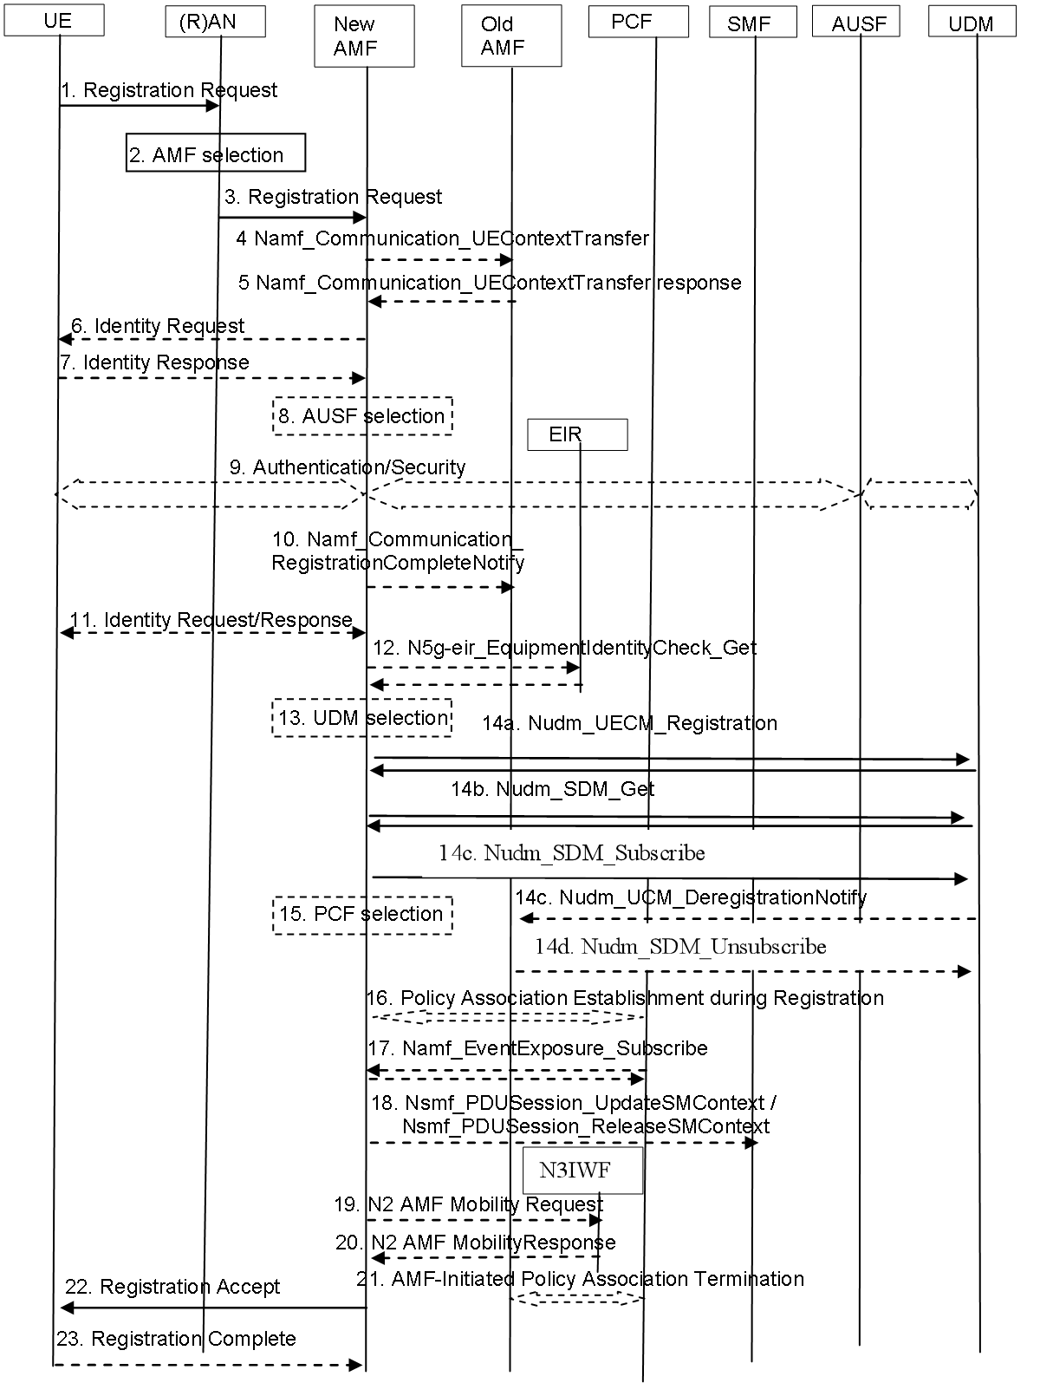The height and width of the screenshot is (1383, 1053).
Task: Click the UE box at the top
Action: point(54,20)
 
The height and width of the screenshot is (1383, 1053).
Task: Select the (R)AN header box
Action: point(216,22)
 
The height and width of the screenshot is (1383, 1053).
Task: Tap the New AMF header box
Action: point(365,36)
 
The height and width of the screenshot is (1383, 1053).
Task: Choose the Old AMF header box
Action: point(511,36)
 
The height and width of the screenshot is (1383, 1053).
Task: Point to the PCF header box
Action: point(639,22)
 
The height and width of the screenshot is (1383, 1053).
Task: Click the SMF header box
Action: point(753,22)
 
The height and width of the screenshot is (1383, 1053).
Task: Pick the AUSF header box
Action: point(856,22)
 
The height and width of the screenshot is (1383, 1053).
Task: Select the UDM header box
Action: point(972,22)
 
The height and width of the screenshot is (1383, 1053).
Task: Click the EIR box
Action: point(577,434)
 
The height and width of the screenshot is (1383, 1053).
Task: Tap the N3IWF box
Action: point(582,1170)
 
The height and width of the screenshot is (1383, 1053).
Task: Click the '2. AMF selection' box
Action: point(216,153)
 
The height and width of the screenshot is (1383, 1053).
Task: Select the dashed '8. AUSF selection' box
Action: point(363,416)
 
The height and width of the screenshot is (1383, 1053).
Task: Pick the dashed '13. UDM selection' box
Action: point(362,718)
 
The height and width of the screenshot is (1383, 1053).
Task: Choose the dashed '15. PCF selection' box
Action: point(363,915)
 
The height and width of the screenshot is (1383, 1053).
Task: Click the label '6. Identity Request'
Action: point(158,326)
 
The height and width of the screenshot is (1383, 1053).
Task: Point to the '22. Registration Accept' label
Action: point(172,1286)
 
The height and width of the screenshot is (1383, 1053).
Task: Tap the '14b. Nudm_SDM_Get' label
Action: point(553,789)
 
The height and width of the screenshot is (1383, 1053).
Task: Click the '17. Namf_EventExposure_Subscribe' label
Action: point(538,1047)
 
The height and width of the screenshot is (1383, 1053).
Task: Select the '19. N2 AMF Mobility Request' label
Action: point(469,1204)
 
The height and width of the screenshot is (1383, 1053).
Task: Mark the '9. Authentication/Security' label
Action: point(348,466)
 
